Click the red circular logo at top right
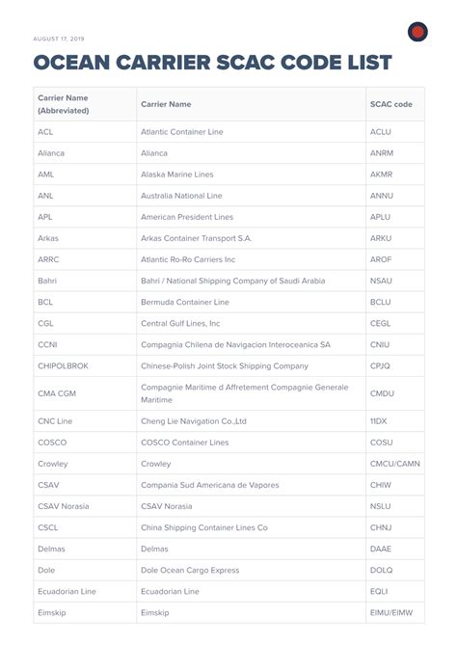417,32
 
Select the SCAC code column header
390,104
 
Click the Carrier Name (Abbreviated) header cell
64,104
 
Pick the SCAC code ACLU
381,132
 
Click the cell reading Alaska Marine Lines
176,175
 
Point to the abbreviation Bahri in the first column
48,281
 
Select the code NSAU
382,281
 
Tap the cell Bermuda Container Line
185,302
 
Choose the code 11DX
380,421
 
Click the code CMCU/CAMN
394,464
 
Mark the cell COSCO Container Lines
184,443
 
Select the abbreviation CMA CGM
57,393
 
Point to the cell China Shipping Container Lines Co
203,527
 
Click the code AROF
381,259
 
